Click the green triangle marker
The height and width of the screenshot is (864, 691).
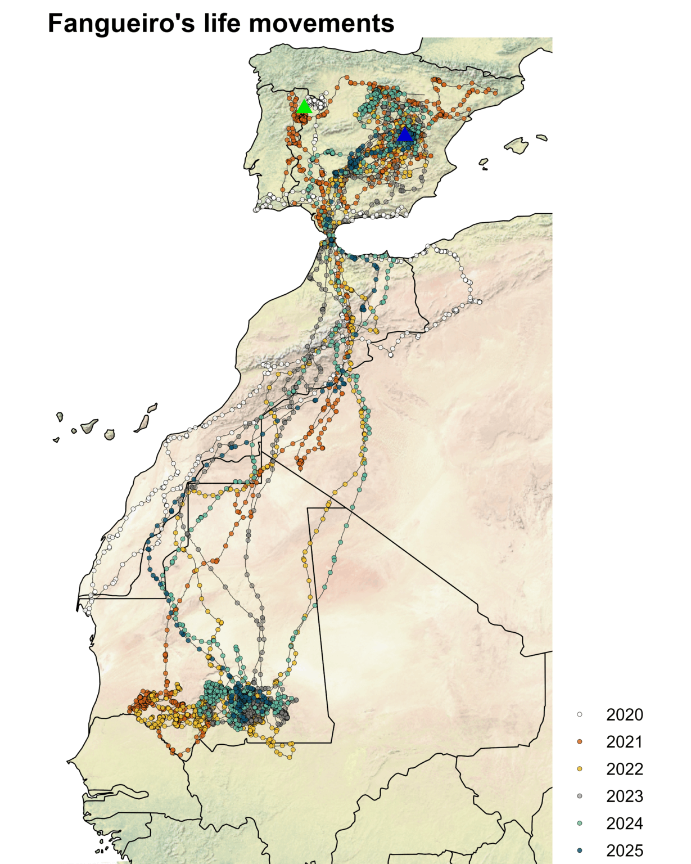point(304,106)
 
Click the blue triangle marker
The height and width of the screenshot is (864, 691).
point(404,134)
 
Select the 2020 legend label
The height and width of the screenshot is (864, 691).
point(624,715)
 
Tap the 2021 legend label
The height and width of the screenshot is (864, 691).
point(624,742)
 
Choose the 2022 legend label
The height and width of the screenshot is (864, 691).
point(624,769)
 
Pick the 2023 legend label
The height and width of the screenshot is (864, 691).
point(624,796)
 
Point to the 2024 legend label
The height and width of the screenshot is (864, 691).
point(624,823)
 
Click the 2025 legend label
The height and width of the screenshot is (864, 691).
point(624,850)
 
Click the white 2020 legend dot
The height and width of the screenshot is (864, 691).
point(580,715)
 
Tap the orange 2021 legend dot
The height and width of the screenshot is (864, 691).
point(580,742)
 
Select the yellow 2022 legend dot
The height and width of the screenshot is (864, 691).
point(580,769)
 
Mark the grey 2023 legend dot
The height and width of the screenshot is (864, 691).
point(580,796)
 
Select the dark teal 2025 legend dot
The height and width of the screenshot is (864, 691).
point(580,850)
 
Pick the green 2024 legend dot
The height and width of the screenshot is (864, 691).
point(580,823)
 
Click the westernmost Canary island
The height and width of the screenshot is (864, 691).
point(56,440)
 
